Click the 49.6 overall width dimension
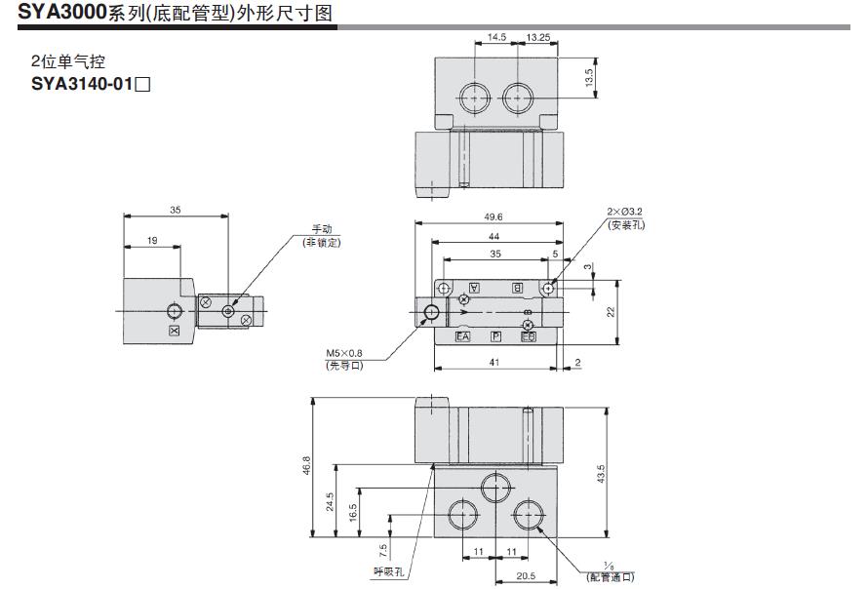(493, 217)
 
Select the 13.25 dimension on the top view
(539, 38)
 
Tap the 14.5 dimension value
(495, 38)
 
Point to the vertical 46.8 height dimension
(306, 466)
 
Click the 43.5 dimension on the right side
(602, 473)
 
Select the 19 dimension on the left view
(152, 240)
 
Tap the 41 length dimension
(494, 363)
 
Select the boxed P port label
(495, 336)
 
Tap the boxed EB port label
(528, 336)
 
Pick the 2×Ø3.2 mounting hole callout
(625, 212)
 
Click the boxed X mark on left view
(175, 332)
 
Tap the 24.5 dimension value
(331, 500)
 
